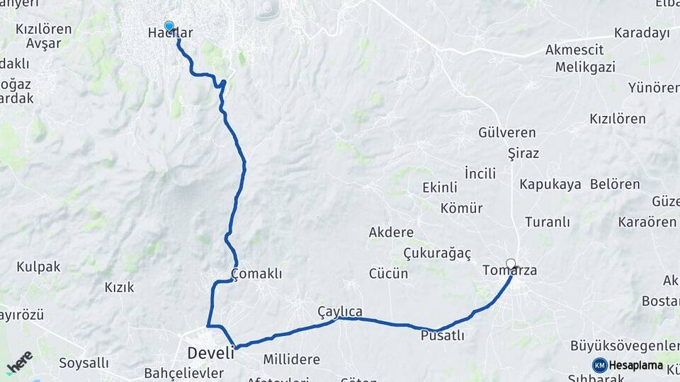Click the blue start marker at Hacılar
coord(169,26)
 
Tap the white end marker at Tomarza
coord(511,264)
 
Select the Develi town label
coord(210,352)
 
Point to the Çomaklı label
coord(256,274)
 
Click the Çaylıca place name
coord(340,311)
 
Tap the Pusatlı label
coord(442,335)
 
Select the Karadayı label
coord(642,33)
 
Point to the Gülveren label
coord(507,132)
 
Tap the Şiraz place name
coord(523,153)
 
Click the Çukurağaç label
coord(437,253)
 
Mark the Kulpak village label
coord(38,267)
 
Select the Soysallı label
coord(84,363)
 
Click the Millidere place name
coord(291,359)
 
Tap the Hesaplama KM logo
coord(628,365)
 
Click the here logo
coord(19,361)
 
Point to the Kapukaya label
coord(550,184)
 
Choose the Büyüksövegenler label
coord(625,345)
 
